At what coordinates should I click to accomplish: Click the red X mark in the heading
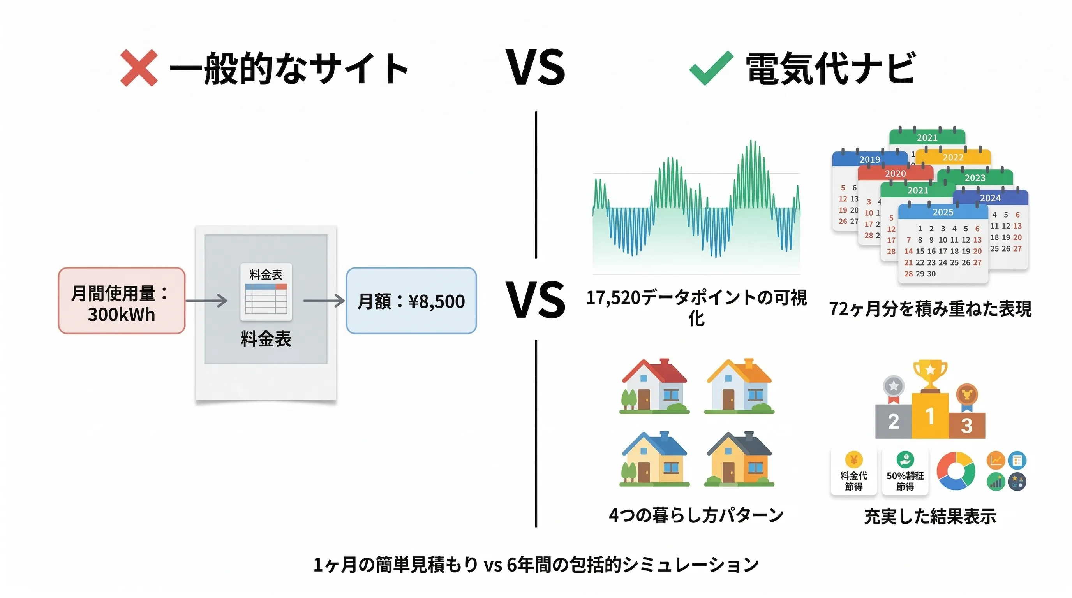pyautogui.click(x=139, y=68)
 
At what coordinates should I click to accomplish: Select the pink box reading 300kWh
pyautogui.click(x=122, y=301)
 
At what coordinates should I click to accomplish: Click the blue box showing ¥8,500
pyautogui.click(x=411, y=301)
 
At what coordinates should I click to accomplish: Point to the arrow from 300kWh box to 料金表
pyautogui.click(x=207, y=300)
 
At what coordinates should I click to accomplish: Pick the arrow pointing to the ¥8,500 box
pyautogui.click(x=324, y=300)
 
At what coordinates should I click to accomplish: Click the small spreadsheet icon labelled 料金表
pyautogui.click(x=266, y=292)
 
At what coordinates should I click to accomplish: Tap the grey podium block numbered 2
pyautogui.click(x=894, y=422)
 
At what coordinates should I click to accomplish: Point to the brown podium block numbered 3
pyautogui.click(x=967, y=426)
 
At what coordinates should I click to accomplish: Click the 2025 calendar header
pyautogui.click(x=943, y=212)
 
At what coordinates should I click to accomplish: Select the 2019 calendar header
pyautogui.click(x=869, y=159)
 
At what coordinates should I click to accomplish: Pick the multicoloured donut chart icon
pyautogui.click(x=956, y=471)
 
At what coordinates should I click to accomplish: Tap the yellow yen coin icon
pyautogui.click(x=853, y=460)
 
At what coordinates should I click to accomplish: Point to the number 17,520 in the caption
pyautogui.click(x=613, y=298)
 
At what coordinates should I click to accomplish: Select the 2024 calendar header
pyautogui.click(x=990, y=198)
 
